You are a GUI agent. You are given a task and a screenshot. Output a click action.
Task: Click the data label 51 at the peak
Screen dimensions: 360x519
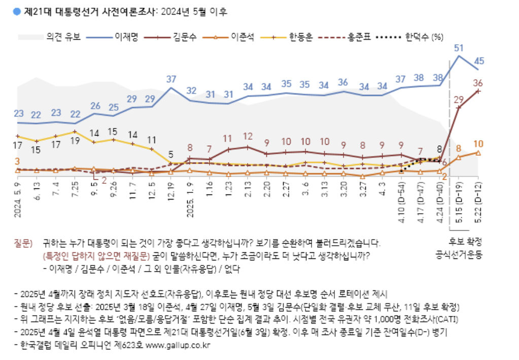pyautogui.click(x=459, y=48)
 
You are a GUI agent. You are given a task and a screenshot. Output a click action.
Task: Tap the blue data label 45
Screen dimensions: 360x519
pyautogui.click(x=478, y=61)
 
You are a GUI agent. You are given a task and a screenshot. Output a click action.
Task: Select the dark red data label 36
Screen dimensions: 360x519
pyautogui.click(x=478, y=83)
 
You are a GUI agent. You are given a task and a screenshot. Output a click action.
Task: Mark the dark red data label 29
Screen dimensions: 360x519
pyautogui.click(x=459, y=100)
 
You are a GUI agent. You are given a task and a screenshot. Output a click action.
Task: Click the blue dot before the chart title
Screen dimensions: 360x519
pyautogui.click(x=18, y=11)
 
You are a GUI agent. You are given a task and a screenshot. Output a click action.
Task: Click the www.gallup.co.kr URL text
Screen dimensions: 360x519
pyautogui.click(x=178, y=345)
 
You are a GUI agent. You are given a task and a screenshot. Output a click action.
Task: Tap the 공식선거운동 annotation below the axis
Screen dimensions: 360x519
pyautogui.click(x=458, y=253)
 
